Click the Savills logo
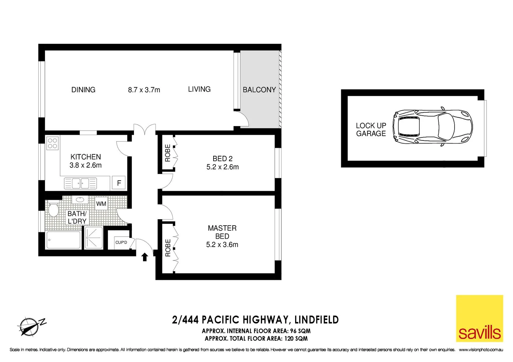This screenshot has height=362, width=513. (479, 318)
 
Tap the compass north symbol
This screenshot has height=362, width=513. (29, 326)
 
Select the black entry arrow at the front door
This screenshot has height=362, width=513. (145, 257)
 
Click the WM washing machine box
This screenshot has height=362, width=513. (101, 204)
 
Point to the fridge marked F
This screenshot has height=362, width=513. (119, 183)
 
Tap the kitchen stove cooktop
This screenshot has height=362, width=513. (52, 143)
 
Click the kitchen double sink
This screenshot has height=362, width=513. (81, 183)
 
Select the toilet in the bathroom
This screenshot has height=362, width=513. (53, 209)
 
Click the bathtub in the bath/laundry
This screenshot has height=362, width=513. (63, 240)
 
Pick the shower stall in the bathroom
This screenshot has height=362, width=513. (94, 238)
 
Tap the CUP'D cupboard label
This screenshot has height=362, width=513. (121, 242)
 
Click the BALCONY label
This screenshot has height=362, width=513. (259, 90)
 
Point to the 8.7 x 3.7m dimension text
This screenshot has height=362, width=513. (144, 90)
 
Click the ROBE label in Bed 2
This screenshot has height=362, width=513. (168, 153)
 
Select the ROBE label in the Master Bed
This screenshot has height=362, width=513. (168, 248)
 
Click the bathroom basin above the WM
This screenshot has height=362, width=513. (80, 200)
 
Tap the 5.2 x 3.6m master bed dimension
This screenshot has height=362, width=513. (222, 245)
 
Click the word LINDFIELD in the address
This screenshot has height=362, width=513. (316, 320)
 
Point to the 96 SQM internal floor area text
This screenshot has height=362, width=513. (300, 331)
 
